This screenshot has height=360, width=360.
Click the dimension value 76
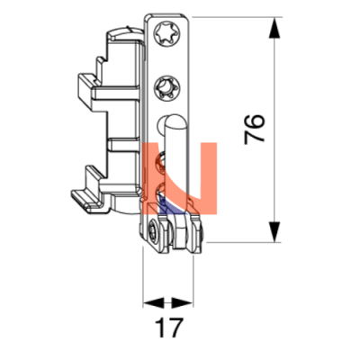255,129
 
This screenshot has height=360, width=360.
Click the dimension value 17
168,328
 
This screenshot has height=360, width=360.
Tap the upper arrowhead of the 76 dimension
274,28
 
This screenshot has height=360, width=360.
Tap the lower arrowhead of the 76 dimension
274,231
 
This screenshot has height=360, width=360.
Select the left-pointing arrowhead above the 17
154,303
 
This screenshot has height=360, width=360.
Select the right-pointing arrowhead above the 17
182,303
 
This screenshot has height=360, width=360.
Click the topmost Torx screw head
166,33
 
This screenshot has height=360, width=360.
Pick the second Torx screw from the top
166,88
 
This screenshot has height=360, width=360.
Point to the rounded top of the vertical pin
173,121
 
